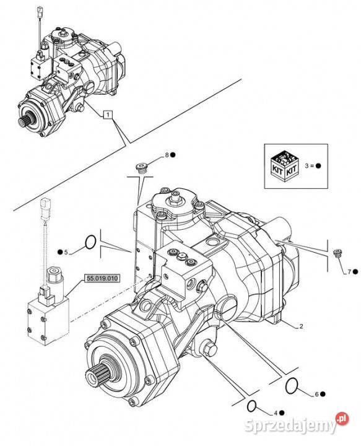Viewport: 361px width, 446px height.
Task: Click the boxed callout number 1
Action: click(108, 115)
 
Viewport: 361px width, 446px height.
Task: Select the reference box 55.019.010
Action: click(102, 278)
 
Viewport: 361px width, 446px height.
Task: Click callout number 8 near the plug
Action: click(167, 155)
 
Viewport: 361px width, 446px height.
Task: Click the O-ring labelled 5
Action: click(90, 242)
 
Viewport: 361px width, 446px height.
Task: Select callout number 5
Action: click(66, 252)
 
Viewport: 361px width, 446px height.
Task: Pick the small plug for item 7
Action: click(337, 253)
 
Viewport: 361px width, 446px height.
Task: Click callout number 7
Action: click(349, 272)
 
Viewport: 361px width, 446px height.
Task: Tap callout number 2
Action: click(302, 326)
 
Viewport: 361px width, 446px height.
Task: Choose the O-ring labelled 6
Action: click(291, 385)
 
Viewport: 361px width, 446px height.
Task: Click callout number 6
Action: click(317, 394)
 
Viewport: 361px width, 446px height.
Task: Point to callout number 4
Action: click(276, 413)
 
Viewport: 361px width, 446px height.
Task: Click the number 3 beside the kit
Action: click(307, 166)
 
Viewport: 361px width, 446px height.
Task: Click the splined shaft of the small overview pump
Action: click(26, 120)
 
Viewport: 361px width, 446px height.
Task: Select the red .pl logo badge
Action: click(342, 419)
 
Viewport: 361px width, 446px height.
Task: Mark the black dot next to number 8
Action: click(173, 155)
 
